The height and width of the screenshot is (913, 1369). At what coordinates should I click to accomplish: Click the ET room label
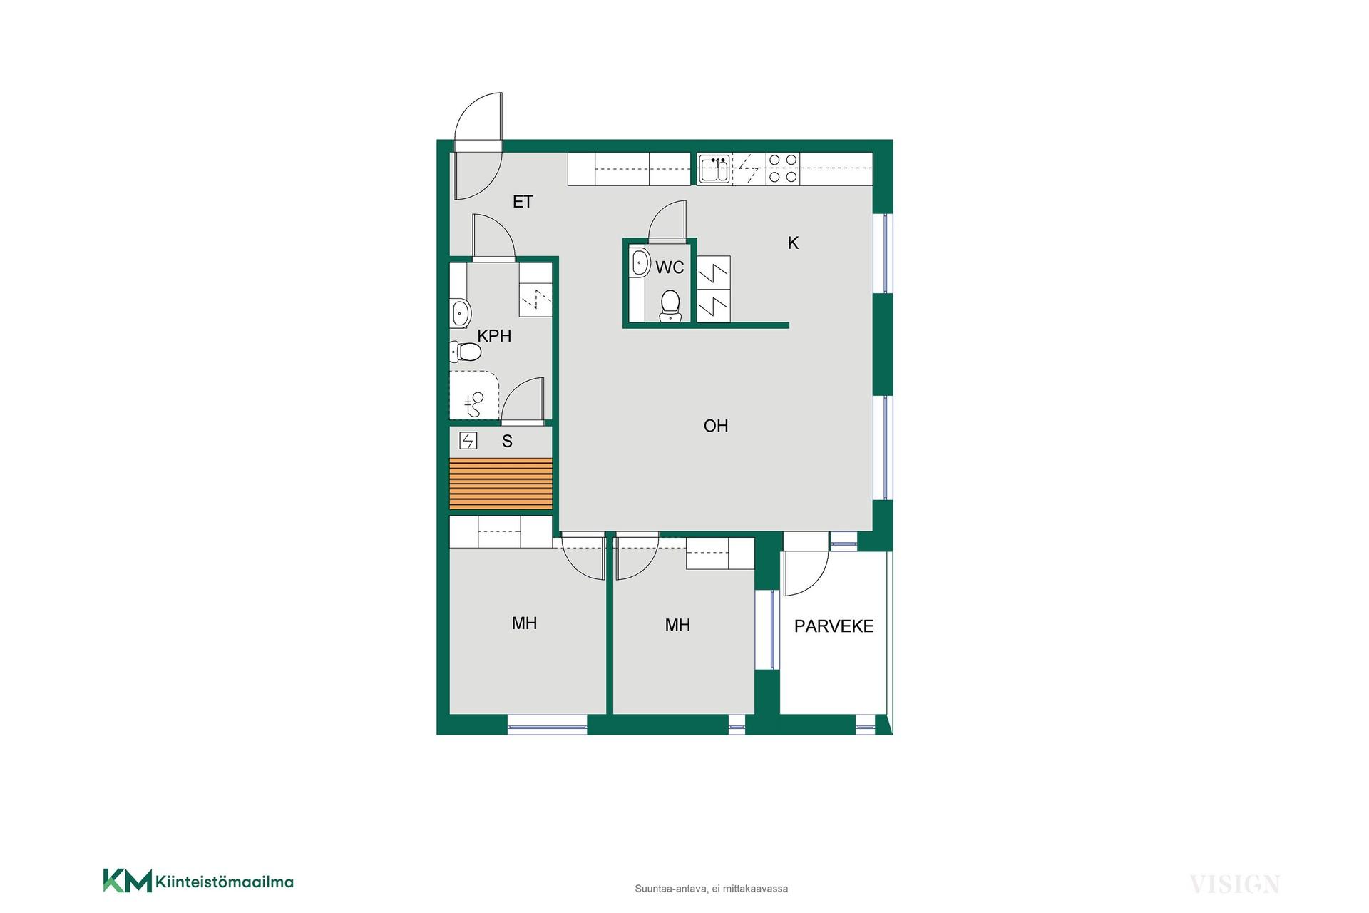click(523, 202)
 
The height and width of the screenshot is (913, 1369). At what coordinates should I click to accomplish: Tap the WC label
click(670, 267)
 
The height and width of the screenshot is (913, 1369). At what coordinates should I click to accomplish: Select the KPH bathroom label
click(494, 336)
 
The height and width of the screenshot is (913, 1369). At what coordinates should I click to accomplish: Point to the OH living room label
click(716, 426)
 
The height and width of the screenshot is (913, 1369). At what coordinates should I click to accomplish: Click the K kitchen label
click(793, 243)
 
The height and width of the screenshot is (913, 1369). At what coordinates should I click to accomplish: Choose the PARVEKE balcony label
click(834, 626)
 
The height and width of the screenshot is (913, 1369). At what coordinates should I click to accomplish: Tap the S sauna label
click(507, 442)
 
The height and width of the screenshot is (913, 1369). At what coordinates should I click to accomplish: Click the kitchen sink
click(714, 170)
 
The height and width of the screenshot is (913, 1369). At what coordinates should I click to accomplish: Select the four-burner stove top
click(783, 169)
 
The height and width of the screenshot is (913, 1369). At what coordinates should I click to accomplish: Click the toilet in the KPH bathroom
click(465, 351)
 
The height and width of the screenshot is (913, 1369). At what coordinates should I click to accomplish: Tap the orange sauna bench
click(501, 484)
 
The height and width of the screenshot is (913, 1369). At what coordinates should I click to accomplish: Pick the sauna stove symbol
click(468, 441)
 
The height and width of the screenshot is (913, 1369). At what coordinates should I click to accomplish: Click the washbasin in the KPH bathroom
click(461, 312)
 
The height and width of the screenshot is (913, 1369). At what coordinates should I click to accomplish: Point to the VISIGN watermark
click(1234, 884)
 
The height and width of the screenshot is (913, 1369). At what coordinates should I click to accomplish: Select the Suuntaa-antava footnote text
click(711, 889)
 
